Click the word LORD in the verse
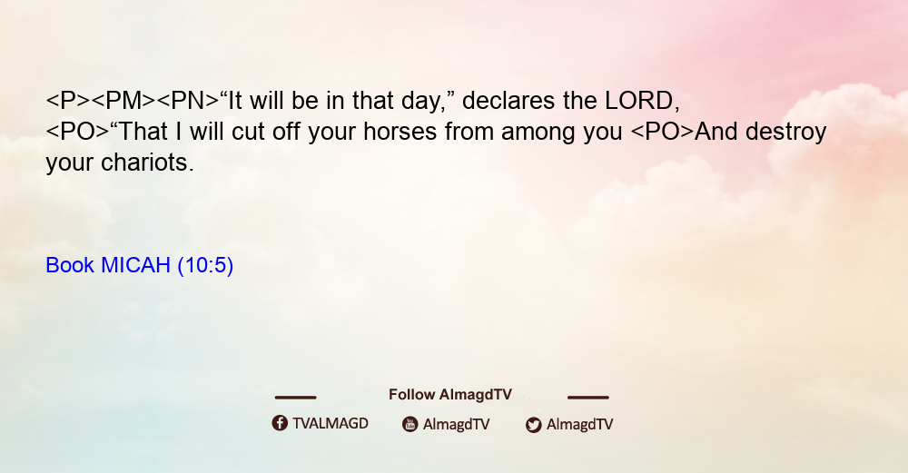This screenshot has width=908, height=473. click(x=638, y=101)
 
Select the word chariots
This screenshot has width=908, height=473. click(x=148, y=163)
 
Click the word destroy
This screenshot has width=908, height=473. click(x=785, y=133)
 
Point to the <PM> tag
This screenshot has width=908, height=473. click(x=123, y=101)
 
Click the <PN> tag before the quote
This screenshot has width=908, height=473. click(x=188, y=101)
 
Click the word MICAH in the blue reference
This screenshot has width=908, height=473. click(x=135, y=265)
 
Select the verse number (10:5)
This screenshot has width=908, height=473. click(x=205, y=266)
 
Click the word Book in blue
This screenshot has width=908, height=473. click(x=70, y=265)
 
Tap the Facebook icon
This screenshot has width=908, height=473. click(x=280, y=423)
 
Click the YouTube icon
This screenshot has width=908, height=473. click(x=410, y=424)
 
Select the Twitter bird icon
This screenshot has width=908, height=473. click(x=533, y=425)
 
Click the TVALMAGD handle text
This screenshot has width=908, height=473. click(x=331, y=424)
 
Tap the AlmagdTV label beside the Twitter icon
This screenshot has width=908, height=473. click(x=579, y=425)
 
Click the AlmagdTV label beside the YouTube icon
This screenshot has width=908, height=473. click(x=457, y=425)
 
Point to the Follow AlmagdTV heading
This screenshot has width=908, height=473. click(x=450, y=395)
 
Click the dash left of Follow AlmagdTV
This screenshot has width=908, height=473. click(x=295, y=397)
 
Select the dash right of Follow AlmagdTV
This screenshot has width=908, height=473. click(x=588, y=397)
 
